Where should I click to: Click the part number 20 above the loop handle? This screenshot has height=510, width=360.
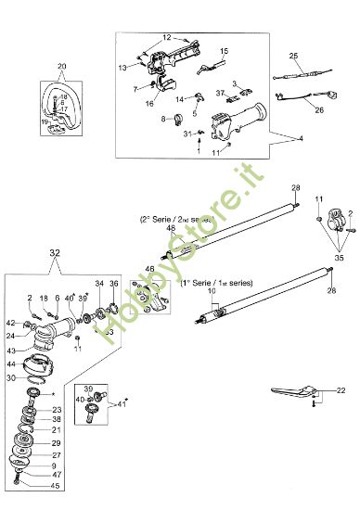coord(61,66)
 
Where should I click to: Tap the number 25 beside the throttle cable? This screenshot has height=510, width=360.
coord(293,57)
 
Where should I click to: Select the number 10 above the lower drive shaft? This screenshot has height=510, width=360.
coord(212,291)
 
